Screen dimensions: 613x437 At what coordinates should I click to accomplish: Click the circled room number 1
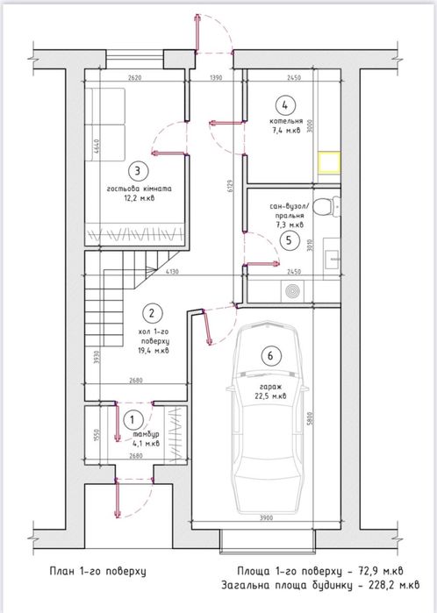(x=134, y=422)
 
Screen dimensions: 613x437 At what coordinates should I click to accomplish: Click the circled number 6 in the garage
(x=271, y=355)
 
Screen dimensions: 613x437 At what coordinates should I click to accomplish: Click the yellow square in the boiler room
(x=329, y=163)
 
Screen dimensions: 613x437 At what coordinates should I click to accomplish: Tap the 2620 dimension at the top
(x=133, y=78)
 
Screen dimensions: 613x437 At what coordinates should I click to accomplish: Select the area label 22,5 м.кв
(x=272, y=396)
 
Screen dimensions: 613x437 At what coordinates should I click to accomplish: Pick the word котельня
(x=286, y=122)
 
